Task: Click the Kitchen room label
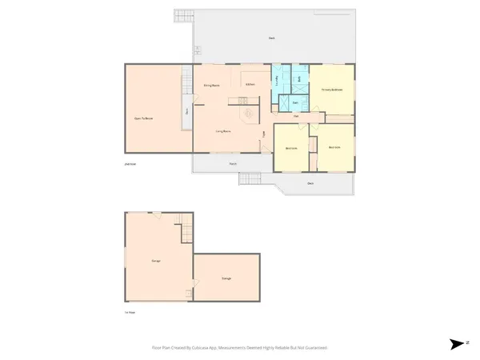point(250,84)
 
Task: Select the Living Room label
point(223,130)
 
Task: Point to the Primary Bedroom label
point(332,90)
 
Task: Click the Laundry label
point(278,80)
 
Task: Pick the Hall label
point(296,117)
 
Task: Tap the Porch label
point(233,164)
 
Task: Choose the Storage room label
point(226,278)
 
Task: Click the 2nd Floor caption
point(130,164)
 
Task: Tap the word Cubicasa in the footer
point(210,348)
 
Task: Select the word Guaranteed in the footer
point(313,348)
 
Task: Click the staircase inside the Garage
point(186,231)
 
